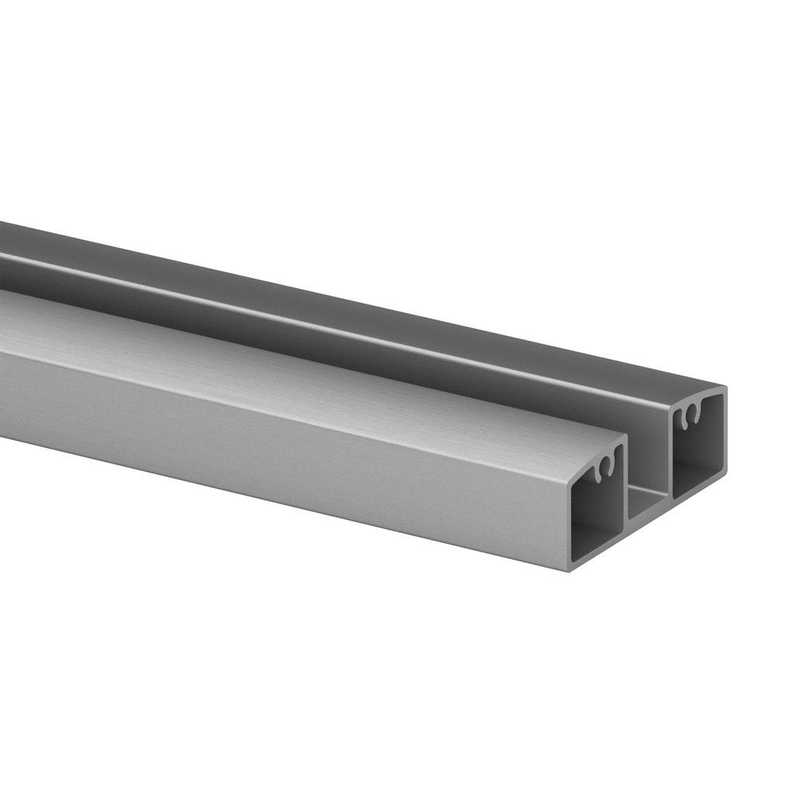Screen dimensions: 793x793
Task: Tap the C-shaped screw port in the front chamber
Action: [609, 468]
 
